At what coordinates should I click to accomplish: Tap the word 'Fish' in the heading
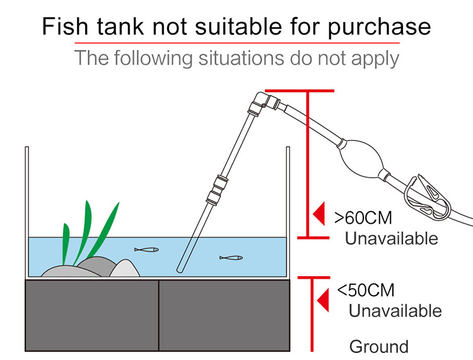[65, 26]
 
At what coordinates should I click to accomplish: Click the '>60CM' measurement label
[363, 218]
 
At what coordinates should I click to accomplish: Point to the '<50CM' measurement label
[366, 290]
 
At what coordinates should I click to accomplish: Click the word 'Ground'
[379, 346]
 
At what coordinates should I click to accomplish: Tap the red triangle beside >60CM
[319, 214]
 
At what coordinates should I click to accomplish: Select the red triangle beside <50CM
[323, 300]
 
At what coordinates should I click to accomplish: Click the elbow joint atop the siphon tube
[262, 102]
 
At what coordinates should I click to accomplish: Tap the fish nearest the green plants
[146, 250]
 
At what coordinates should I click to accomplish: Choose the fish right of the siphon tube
[231, 258]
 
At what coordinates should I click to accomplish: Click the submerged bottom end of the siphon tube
[180, 270]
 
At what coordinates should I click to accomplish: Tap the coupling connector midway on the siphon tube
[217, 190]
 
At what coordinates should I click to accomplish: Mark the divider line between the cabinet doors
[158, 316]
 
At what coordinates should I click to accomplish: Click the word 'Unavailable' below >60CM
[391, 238]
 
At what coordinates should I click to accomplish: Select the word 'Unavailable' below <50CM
[395, 311]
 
